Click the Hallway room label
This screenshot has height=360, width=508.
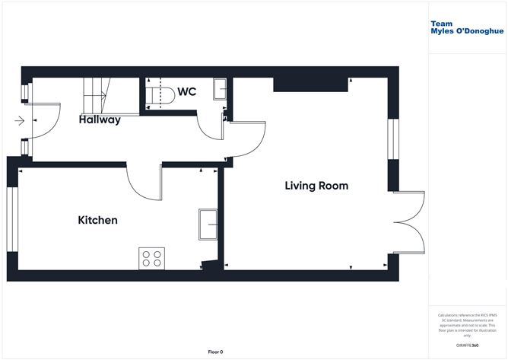point(100,119)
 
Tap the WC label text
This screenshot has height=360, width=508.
point(187,92)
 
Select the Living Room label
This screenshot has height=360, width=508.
point(316,185)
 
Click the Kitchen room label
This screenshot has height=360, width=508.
point(98,220)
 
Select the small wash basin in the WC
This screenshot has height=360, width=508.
point(221,88)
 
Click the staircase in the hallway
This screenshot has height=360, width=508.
point(95,94)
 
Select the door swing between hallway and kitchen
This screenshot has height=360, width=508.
point(144,183)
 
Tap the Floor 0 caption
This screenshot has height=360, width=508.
point(216,351)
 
